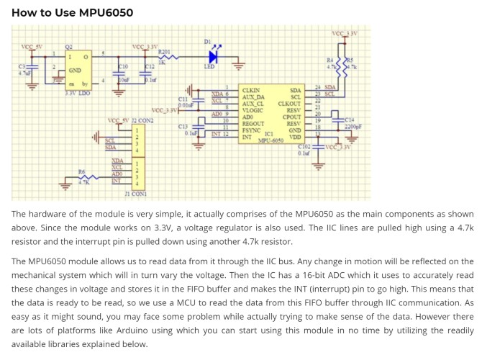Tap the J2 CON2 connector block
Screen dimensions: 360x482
point(137,138)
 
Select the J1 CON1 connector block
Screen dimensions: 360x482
point(137,173)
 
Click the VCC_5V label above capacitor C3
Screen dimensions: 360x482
point(32,48)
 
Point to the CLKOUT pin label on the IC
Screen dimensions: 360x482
point(289,104)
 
